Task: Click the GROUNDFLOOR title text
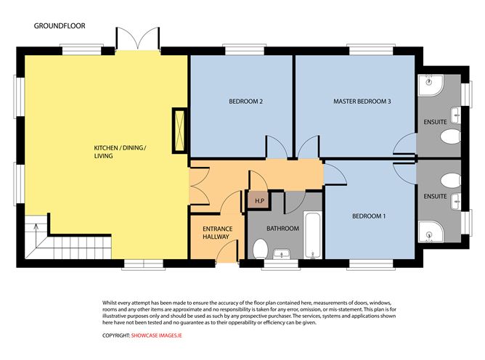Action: tap(60, 25)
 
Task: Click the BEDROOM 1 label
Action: tap(369, 216)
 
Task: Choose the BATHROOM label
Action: tap(282, 229)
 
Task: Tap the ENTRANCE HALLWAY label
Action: tap(216, 232)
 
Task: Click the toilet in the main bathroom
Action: tap(259, 249)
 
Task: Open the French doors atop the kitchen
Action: tap(137, 40)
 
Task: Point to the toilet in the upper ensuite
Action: tap(450, 136)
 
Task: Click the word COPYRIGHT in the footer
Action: tap(113, 335)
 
